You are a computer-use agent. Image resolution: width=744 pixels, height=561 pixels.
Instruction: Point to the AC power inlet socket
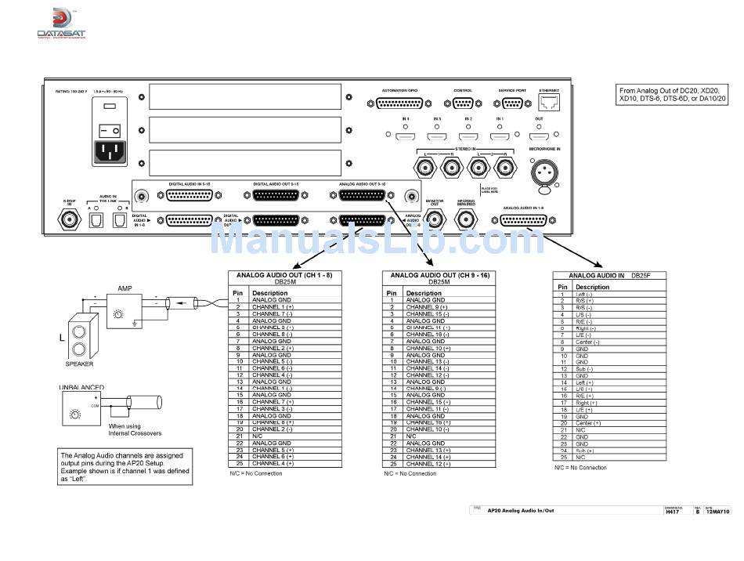(110, 151)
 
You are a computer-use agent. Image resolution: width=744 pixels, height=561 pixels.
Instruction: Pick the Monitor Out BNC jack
(435, 220)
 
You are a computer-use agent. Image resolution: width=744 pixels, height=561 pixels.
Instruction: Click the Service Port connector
(512, 103)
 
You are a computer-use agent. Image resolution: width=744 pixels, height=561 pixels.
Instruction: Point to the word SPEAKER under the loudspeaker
(79, 364)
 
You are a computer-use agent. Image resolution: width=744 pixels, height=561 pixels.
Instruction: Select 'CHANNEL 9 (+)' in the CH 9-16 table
(426, 307)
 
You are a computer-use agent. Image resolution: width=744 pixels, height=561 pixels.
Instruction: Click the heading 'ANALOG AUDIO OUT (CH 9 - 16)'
(439, 276)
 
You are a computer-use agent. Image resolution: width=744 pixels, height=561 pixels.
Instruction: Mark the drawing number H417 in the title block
(670, 512)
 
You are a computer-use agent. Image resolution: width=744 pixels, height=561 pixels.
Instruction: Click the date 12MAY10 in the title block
(717, 512)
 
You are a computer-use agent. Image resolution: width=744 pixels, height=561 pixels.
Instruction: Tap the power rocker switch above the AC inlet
(110, 128)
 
